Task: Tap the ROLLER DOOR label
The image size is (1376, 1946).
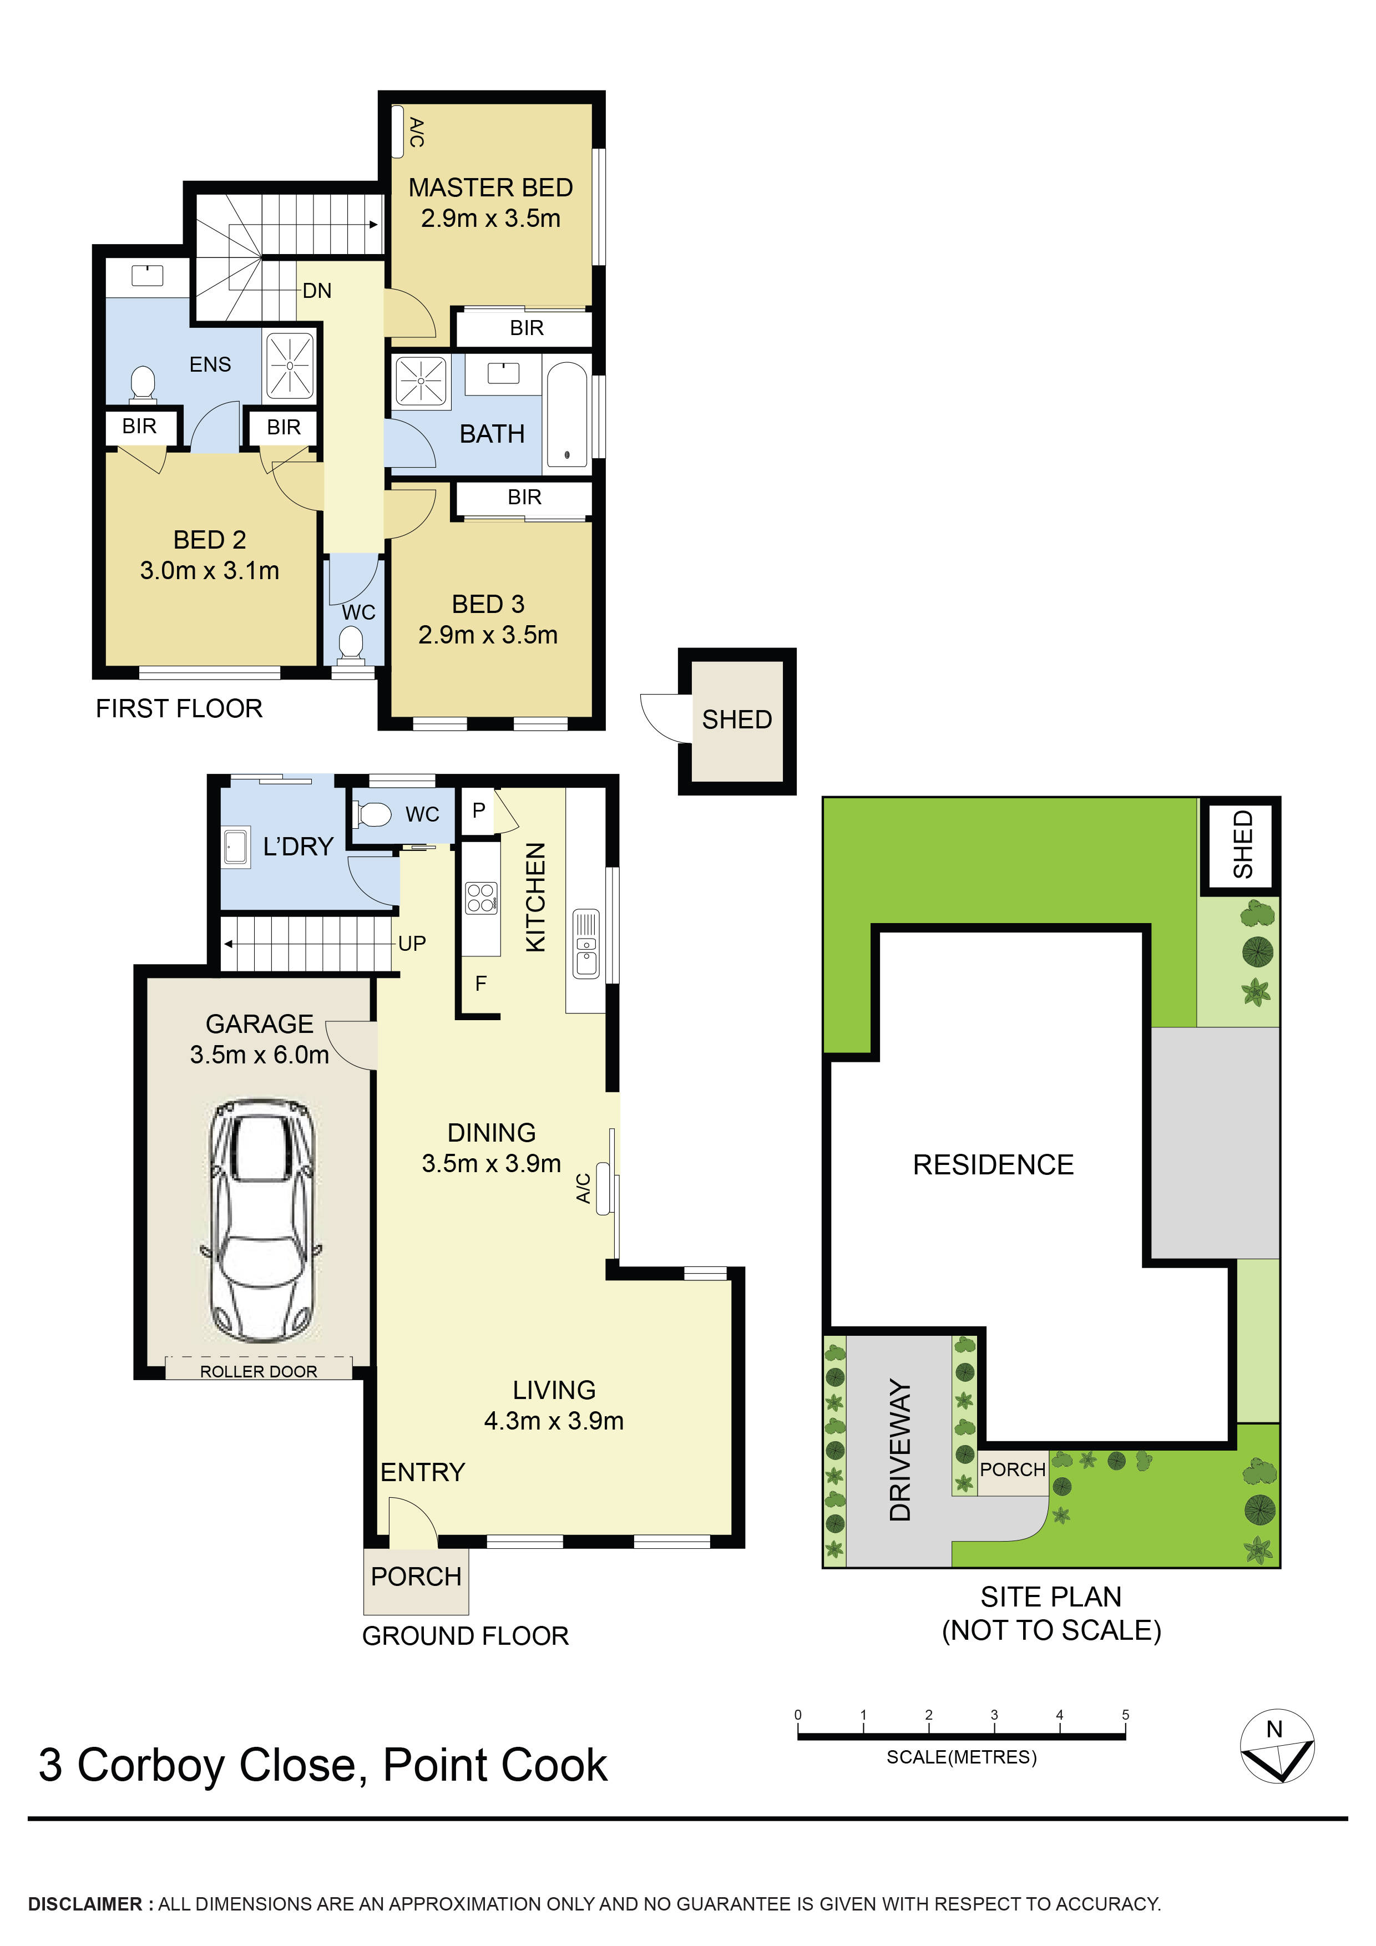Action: [258, 1371]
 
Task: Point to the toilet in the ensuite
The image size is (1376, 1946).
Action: [143, 384]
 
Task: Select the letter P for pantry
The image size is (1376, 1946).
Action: [478, 810]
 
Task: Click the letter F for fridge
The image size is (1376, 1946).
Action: [480, 983]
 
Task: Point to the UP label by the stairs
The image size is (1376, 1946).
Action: [412, 944]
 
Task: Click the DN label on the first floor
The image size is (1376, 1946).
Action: [317, 291]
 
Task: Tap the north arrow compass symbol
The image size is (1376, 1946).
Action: [1276, 1757]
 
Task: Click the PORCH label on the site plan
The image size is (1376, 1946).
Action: [1012, 1469]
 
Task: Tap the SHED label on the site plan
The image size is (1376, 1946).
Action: [1242, 844]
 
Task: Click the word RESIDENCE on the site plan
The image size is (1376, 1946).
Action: [993, 1164]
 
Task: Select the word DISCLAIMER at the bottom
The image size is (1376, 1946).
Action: [85, 1904]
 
